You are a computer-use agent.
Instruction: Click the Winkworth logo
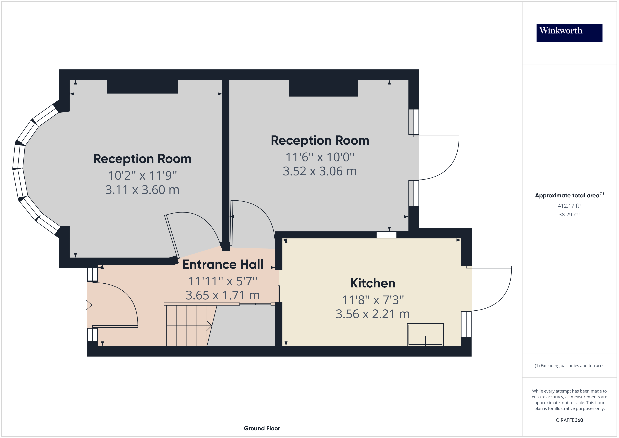click(569, 33)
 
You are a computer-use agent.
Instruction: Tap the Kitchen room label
click(373, 283)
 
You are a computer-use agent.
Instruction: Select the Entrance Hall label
click(223, 264)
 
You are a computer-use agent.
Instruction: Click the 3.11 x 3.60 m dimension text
click(142, 190)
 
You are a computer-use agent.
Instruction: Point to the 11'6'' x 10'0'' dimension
click(320, 157)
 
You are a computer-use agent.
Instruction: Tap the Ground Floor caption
click(262, 428)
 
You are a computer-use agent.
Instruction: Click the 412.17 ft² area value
click(569, 206)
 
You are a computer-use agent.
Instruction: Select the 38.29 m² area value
click(569, 215)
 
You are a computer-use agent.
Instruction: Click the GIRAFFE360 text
click(569, 420)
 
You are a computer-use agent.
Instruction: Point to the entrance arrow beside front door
click(87, 305)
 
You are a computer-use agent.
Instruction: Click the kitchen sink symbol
click(425, 335)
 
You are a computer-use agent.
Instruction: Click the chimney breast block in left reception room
click(142, 87)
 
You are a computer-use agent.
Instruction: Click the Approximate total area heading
click(569, 195)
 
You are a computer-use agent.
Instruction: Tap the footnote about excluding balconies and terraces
click(569, 366)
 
